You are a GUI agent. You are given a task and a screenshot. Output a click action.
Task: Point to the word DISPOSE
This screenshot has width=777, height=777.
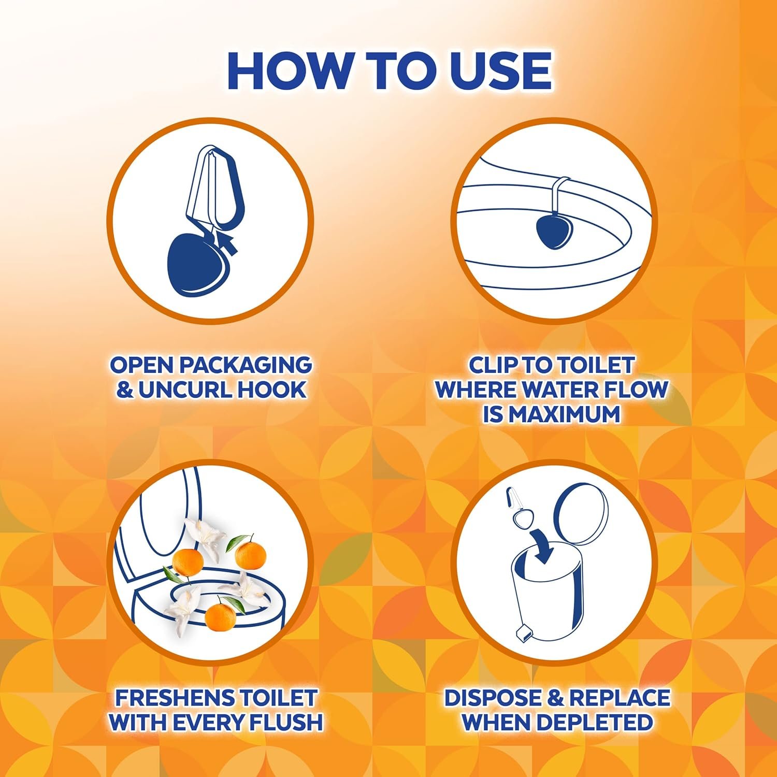point(493,698)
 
